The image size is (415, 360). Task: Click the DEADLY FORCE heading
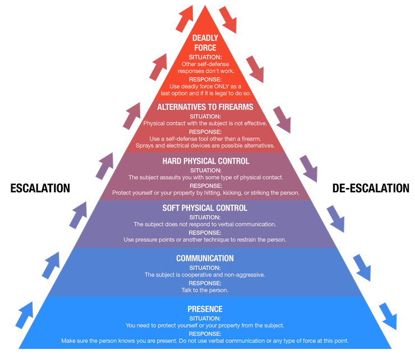click(x=205, y=43)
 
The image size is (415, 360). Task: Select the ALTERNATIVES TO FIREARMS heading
click(x=205, y=107)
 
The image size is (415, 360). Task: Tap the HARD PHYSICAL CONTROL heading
click(x=205, y=161)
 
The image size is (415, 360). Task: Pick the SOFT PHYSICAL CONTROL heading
click(x=205, y=208)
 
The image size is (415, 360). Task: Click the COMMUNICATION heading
click(x=205, y=259)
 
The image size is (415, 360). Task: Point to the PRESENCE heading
click(x=205, y=309)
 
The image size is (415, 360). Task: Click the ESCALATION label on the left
click(x=40, y=188)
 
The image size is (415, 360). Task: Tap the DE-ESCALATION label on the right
click(x=371, y=188)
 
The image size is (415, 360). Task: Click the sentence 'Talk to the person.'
click(x=205, y=290)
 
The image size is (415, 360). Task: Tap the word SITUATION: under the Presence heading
click(x=205, y=318)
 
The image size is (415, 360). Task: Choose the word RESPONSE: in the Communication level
click(x=205, y=283)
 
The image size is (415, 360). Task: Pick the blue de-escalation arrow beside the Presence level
click(x=388, y=316)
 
